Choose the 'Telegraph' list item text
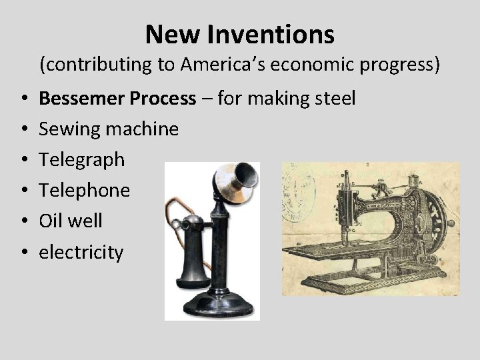[81, 160]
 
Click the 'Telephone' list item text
[84, 191]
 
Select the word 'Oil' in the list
[51, 221]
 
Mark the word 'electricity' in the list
[81, 252]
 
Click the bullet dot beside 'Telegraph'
[23, 160]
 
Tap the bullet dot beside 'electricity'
[23, 253]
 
